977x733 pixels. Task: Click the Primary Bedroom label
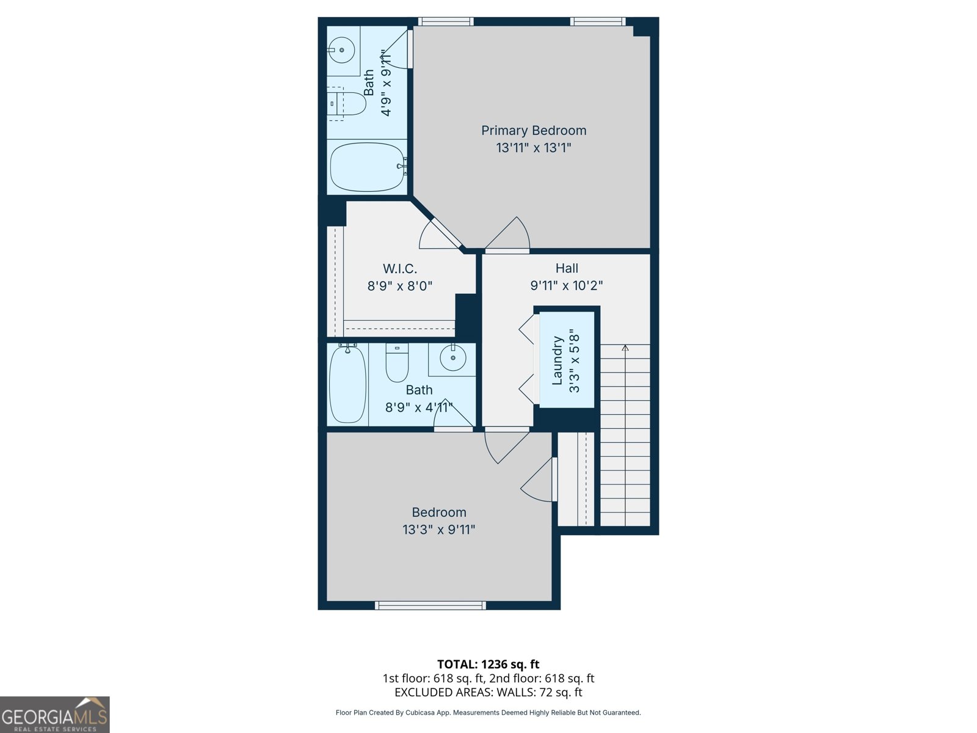[x=533, y=130]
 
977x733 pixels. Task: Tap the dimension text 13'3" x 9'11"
[x=438, y=530]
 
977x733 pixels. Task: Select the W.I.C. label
[x=400, y=269]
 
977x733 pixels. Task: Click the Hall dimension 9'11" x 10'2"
[x=566, y=285]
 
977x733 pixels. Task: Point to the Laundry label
[x=557, y=360]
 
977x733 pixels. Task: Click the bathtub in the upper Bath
[x=367, y=167]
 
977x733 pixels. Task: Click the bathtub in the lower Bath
[x=347, y=384]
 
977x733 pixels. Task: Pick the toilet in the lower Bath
[x=397, y=363]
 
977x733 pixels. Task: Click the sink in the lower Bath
[x=453, y=359]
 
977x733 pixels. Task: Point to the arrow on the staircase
[x=625, y=348]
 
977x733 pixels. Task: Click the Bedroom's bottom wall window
[x=430, y=605]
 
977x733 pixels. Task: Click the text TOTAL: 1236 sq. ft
[x=488, y=664]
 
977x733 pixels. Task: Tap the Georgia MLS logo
[x=54, y=715]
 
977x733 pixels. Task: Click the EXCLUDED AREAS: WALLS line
[x=488, y=692]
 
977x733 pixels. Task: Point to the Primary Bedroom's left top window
[x=446, y=21]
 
